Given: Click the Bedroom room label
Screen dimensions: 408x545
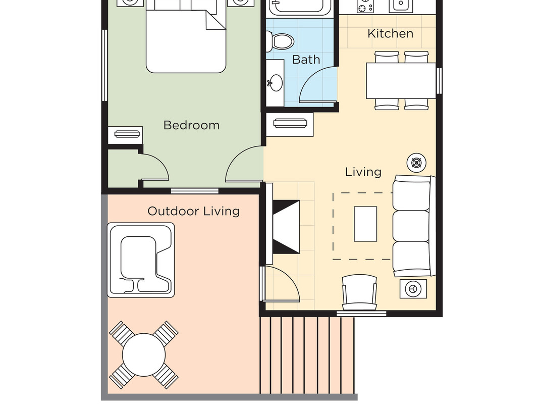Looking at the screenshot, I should click(191, 125).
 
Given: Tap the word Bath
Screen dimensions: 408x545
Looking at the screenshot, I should click(306, 60).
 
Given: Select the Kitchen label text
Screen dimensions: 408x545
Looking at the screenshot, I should click(390, 34).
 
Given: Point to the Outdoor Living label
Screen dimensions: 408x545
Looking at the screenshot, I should click(193, 211).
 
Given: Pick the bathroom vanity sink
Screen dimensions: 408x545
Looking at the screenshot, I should click(276, 82).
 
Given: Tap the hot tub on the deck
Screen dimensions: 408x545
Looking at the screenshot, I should click(141, 260).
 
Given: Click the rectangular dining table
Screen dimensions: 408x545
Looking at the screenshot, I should click(401, 80).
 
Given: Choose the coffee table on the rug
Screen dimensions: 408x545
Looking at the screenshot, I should click(365, 224).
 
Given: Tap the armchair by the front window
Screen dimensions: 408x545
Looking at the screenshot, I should click(359, 293).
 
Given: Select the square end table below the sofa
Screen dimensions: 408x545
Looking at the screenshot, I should click(413, 289).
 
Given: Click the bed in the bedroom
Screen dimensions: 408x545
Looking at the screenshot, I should click(185, 38).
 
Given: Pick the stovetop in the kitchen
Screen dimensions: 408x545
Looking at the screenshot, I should click(365, 7).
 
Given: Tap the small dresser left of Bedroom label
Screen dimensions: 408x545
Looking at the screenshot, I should click(126, 134).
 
